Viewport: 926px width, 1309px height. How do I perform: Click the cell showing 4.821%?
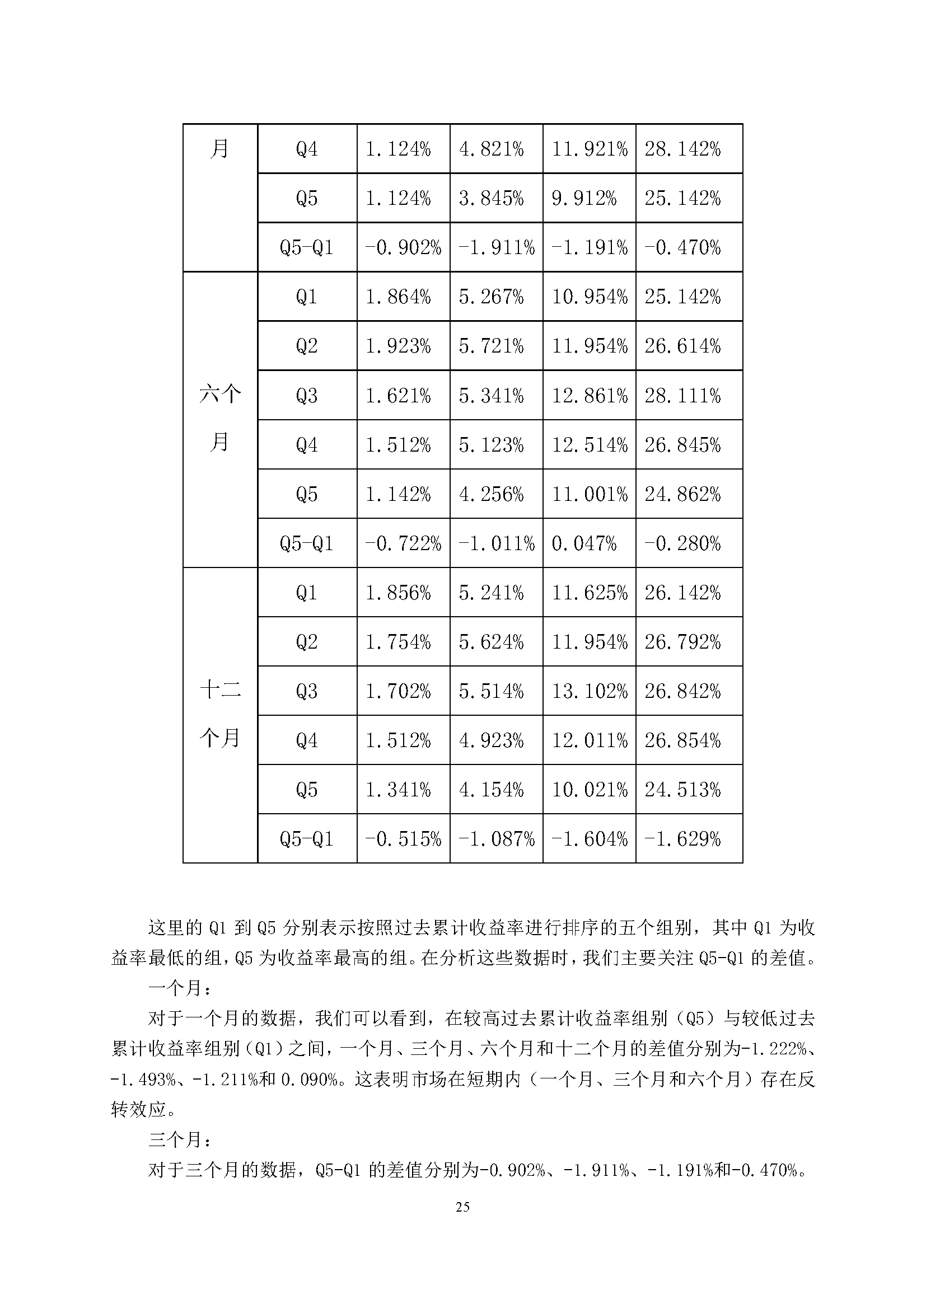pos(491,149)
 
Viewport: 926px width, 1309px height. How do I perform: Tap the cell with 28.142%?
pos(682,149)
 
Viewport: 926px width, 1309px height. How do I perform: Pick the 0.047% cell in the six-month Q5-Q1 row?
pos(584,543)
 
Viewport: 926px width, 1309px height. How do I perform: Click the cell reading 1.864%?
pos(398,297)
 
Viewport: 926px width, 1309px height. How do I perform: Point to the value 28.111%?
pos(682,396)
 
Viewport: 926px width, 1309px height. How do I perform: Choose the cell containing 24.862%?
pos(682,494)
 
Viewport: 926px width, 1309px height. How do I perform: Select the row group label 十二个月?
pos(220,714)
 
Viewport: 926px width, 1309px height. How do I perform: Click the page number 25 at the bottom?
pos(463,1207)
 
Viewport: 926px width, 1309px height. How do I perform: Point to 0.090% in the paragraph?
pos(311,1079)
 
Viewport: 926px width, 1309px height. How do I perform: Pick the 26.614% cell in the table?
pos(682,346)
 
